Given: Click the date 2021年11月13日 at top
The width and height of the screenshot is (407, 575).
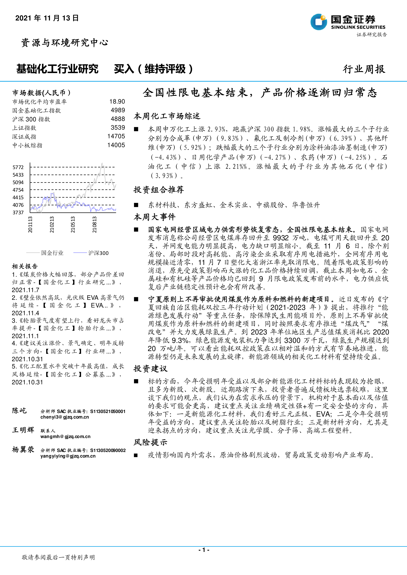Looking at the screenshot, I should (x=47, y=18).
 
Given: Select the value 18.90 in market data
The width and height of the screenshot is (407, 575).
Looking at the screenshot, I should (x=117, y=101).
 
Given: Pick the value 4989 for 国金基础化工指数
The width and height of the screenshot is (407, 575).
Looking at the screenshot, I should (x=118, y=110).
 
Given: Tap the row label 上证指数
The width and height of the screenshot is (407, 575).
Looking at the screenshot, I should (x=24, y=128).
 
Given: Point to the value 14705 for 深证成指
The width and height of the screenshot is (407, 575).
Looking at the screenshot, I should (x=116, y=136).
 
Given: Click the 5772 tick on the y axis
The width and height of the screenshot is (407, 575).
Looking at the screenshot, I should (x=18, y=167).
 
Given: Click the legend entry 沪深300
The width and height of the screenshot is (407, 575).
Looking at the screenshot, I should (x=98, y=253).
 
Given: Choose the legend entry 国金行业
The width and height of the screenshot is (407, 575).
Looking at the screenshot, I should (x=52, y=253).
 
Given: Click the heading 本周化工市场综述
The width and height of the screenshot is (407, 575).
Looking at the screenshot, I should (x=167, y=116).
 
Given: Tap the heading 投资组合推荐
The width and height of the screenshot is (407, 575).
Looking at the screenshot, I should (x=159, y=190).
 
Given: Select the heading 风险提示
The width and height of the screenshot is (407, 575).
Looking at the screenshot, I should (x=150, y=442).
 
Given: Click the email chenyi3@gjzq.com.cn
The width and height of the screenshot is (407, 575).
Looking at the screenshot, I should (x=65, y=417).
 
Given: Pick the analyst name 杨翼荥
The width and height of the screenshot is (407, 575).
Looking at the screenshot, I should (x=23, y=450).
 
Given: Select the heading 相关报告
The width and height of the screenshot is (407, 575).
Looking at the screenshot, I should (x=25, y=266).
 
